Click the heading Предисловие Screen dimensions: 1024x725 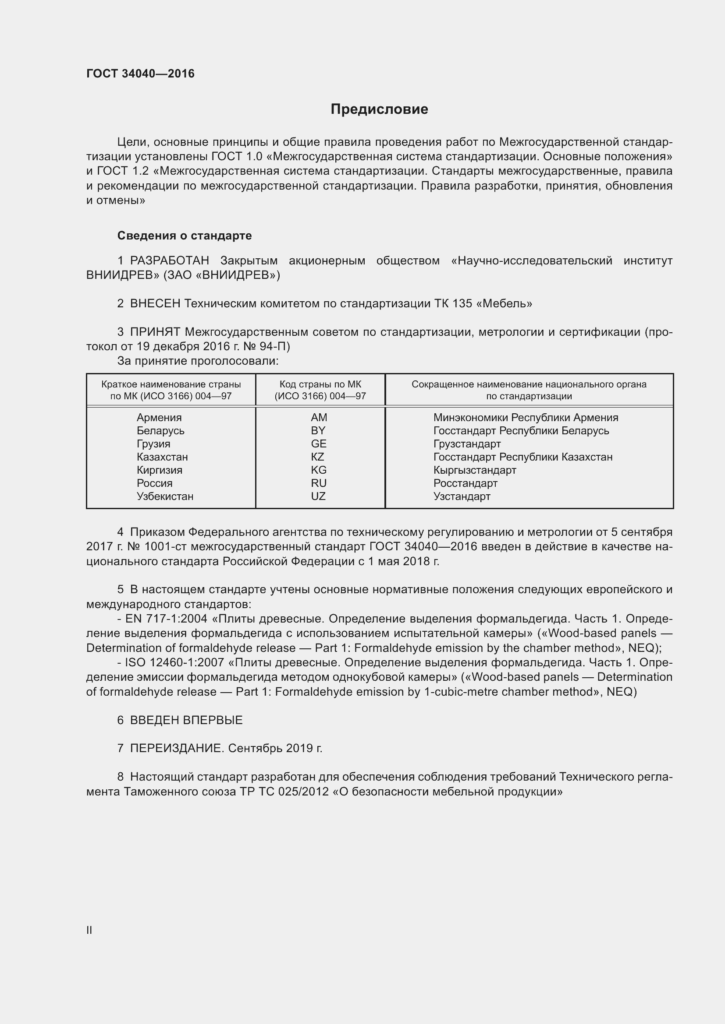tap(379, 109)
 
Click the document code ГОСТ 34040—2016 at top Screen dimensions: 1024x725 tap(140, 74)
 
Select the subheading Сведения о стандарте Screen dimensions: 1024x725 tap(185, 236)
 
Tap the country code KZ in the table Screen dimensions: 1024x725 tap(317, 457)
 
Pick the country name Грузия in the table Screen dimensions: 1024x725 tap(153, 444)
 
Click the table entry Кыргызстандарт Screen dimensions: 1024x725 tap(475, 470)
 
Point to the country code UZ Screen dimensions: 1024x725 tap(318, 496)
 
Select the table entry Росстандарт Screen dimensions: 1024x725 tap(465, 483)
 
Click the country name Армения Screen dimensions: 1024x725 tap(159, 418)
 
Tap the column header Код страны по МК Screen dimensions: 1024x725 tap(320, 384)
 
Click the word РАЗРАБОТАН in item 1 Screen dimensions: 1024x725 tap(169, 260)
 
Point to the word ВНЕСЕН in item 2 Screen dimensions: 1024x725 tap(155, 304)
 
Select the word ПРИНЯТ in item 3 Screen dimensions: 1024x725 tap(155, 332)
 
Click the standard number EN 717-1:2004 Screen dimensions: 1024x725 tap(166, 619)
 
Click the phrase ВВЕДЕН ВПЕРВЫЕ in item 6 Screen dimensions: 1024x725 tap(186, 720)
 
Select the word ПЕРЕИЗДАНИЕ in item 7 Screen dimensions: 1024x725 tap(176, 748)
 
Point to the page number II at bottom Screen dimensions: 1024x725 tap(89, 930)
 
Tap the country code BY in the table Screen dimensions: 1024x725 tap(318, 430)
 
